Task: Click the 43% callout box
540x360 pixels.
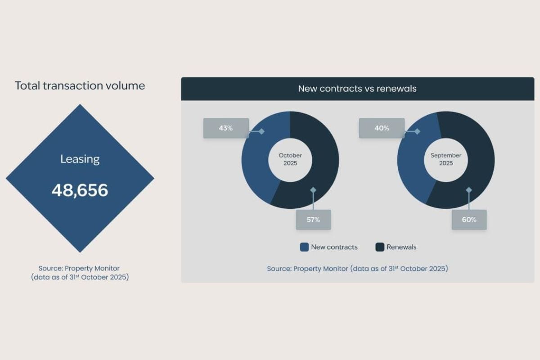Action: tap(226, 128)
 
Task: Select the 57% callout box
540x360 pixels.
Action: tap(313, 220)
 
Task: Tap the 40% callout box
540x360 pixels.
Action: tap(382, 128)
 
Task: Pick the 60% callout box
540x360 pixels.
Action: tap(469, 220)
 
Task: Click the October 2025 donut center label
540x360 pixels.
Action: tap(290, 159)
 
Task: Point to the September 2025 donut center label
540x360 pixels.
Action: tap(446, 159)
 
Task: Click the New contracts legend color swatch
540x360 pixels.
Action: tap(304, 247)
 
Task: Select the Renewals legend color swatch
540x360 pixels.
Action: tap(380, 247)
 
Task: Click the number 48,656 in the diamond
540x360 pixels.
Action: tap(80, 190)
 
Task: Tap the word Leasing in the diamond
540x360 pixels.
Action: tap(80, 159)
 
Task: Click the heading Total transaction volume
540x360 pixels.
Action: tap(80, 85)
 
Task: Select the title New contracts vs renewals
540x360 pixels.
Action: tap(357, 89)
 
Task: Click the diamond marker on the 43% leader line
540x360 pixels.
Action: tap(261, 131)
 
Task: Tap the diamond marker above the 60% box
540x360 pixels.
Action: tap(469, 190)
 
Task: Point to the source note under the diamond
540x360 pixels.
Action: tap(80, 273)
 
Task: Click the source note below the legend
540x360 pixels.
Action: tap(357, 269)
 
